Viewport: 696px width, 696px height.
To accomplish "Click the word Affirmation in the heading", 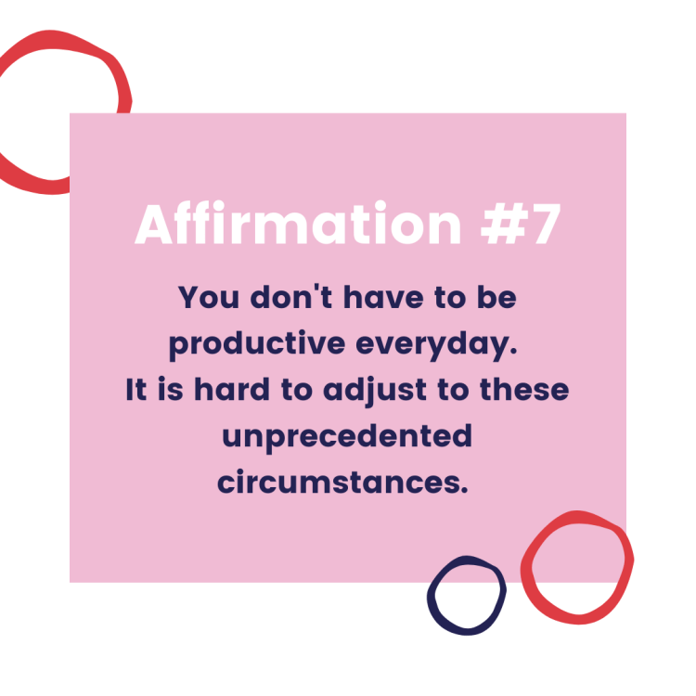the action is (x=298, y=223).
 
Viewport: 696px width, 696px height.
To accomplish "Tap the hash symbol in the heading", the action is (x=505, y=225).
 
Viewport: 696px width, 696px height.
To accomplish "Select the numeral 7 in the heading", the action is (x=547, y=225).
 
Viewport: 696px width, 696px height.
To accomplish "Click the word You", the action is (x=209, y=297).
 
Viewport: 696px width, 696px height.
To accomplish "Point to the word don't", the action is (x=291, y=296).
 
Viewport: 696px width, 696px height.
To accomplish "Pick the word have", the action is (x=383, y=297).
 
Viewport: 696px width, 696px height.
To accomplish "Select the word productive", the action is (x=257, y=344).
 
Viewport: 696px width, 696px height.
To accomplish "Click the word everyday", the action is (x=437, y=344).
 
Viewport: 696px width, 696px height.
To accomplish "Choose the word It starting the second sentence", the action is (x=135, y=389).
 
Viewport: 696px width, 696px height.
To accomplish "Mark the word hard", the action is (x=232, y=389).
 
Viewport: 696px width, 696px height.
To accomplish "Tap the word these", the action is (x=524, y=389).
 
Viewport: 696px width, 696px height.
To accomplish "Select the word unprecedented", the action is (x=347, y=437).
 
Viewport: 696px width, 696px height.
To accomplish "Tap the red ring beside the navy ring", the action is (x=526, y=568).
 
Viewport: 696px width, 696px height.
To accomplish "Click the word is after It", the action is (x=171, y=389).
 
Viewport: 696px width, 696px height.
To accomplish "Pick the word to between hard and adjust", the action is (x=297, y=390).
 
